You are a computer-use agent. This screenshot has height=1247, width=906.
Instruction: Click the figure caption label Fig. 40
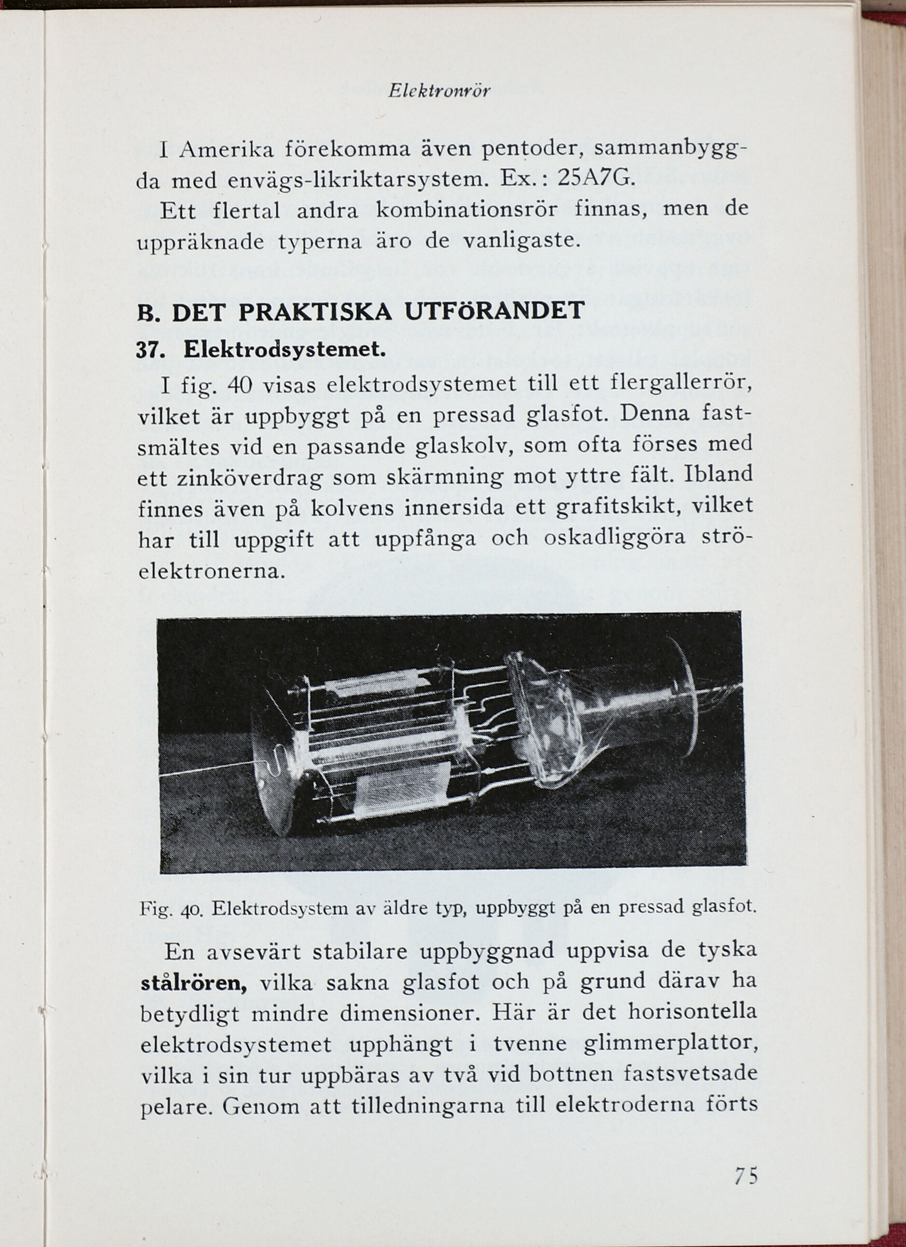(172, 908)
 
